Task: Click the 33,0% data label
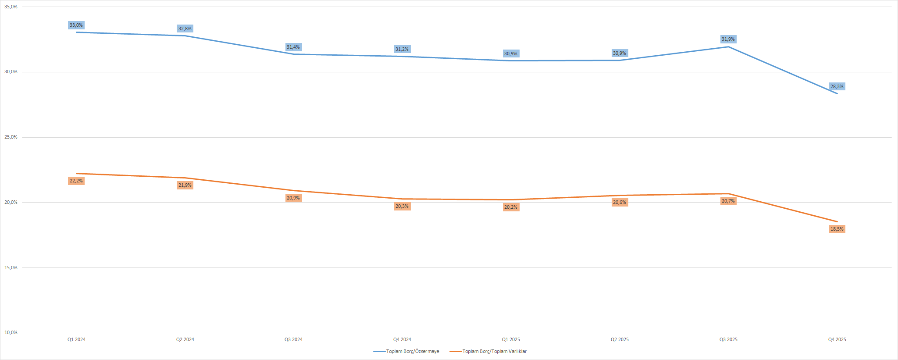(x=76, y=25)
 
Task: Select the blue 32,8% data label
(x=185, y=29)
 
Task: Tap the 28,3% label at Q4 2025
(x=837, y=87)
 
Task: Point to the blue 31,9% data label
(x=728, y=39)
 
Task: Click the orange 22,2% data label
(x=76, y=181)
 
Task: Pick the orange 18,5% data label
(x=837, y=229)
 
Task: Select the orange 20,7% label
(x=728, y=201)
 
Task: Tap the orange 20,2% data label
(x=510, y=207)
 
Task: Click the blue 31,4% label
(x=293, y=47)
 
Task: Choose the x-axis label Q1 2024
(x=76, y=340)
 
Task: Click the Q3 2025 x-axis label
(x=728, y=340)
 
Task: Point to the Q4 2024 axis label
(x=402, y=340)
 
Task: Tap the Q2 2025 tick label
(x=620, y=340)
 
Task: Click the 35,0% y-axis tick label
(x=11, y=7)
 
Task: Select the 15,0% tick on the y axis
(x=11, y=268)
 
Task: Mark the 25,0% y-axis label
(x=11, y=137)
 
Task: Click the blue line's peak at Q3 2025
(x=728, y=47)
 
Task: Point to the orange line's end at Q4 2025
(x=837, y=221)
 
